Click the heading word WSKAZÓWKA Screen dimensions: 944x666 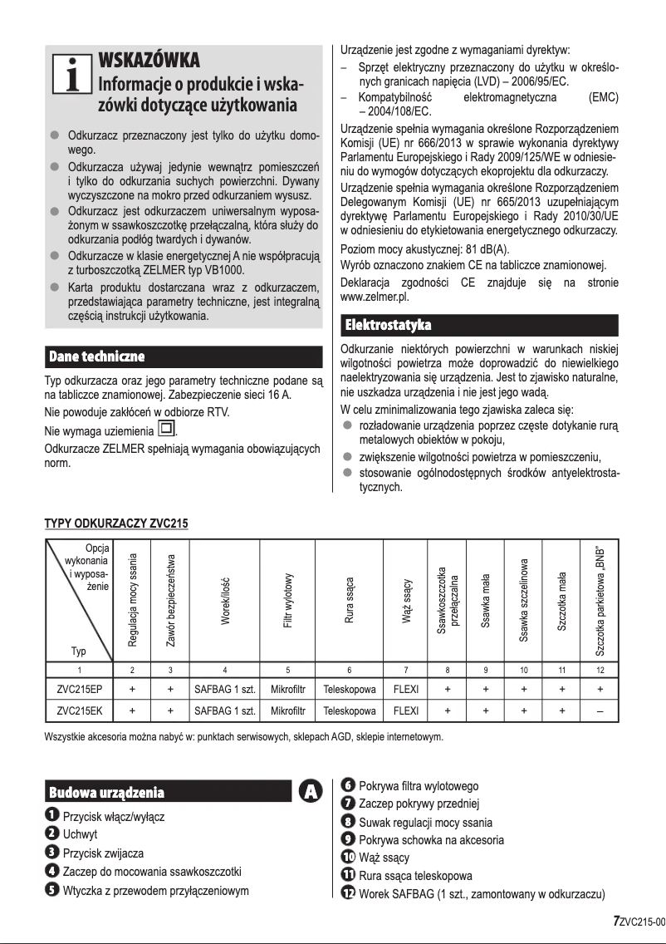pos(149,61)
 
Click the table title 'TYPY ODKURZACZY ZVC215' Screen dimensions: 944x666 pos(115,524)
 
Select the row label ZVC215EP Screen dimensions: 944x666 pos(80,689)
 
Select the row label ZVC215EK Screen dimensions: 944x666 pos(80,711)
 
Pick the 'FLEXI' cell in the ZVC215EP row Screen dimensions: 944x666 pos(405,689)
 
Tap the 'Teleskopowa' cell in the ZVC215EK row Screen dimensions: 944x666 pos(350,711)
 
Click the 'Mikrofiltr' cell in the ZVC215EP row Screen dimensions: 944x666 pos(287,689)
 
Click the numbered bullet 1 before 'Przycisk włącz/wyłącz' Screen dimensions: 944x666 pos(51,816)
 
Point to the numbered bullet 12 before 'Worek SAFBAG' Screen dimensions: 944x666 pos(349,893)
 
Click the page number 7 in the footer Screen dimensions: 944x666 pos(615,920)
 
